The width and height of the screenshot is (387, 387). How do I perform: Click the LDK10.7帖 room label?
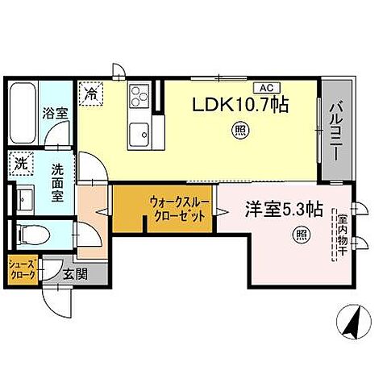[x=240, y=105]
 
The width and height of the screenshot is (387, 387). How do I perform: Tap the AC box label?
[x=264, y=88]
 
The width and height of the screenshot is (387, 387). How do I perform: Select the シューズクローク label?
[x=23, y=269]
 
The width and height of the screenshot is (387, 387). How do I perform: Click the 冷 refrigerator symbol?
[x=92, y=93]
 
